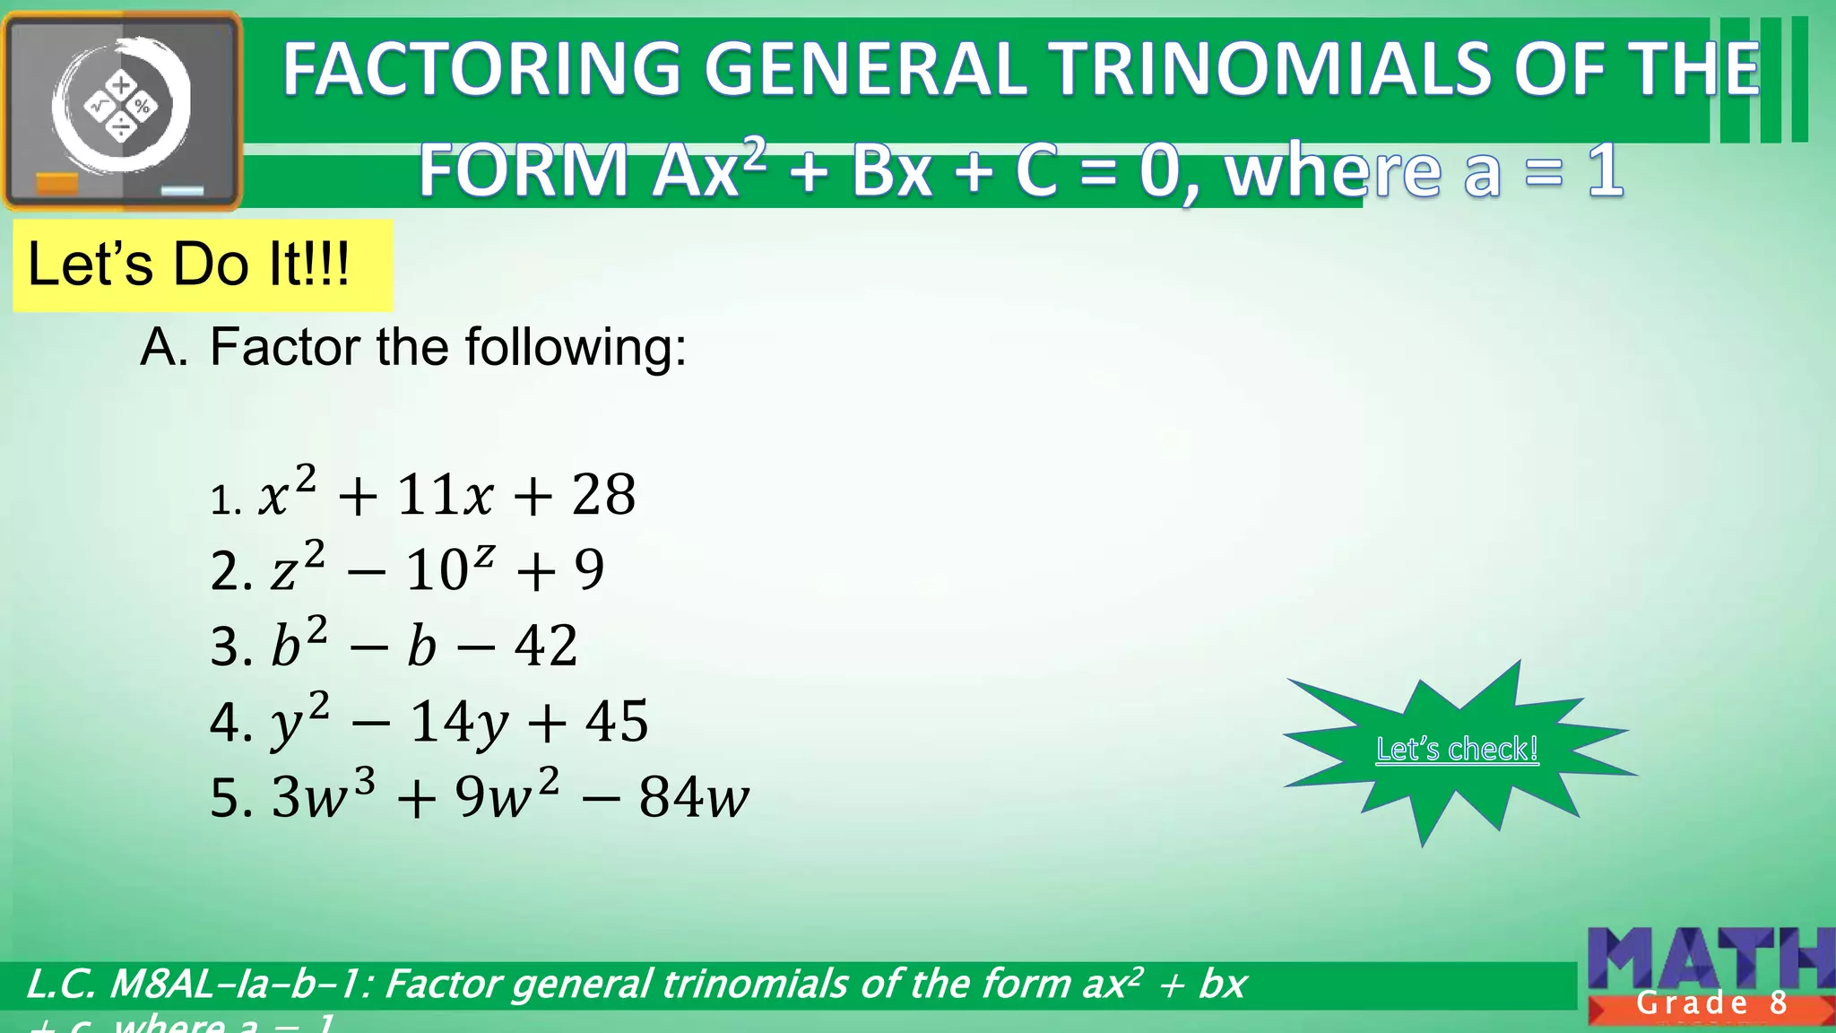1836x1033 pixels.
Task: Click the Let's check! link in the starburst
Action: point(1457,749)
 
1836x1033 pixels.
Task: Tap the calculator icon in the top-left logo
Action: point(121,107)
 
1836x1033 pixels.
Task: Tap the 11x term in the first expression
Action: point(445,494)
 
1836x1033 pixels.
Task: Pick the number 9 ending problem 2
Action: point(589,569)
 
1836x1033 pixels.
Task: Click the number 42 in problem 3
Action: point(546,645)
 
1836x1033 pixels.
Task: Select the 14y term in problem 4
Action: point(459,722)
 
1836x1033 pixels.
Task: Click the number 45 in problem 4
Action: point(617,721)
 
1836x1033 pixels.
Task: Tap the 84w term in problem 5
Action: point(693,796)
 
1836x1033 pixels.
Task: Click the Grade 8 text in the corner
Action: point(1711,1003)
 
